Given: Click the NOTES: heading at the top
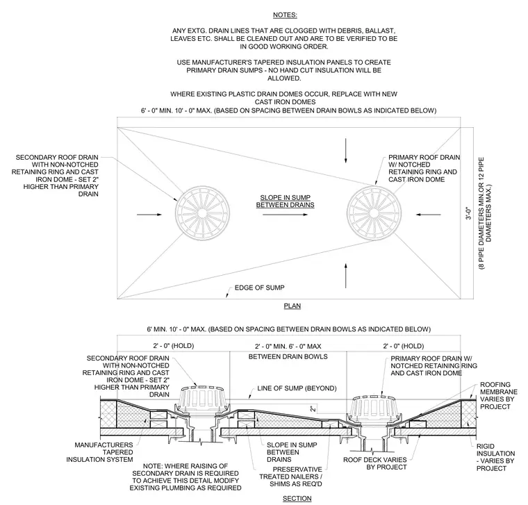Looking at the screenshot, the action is click(285, 15).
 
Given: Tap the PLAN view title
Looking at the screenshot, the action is click(292, 306).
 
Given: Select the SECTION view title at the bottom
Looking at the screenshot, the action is click(297, 498).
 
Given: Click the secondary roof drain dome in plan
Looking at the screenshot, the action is click(203, 213).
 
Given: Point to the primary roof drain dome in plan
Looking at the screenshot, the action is click(374, 213).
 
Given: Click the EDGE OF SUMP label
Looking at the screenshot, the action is click(259, 288).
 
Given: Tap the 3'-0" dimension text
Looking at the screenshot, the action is click(469, 213).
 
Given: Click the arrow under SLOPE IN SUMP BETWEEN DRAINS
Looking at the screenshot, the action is click(286, 215).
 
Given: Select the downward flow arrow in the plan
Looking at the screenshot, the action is click(345, 150).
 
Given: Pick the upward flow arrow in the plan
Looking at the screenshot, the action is click(345, 275).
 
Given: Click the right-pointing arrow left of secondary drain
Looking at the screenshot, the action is click(149, 215).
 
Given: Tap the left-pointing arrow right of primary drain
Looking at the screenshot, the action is click(429, 215).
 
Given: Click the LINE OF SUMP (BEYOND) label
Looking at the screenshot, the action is click(297, 388).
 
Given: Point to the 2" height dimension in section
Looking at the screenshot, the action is click(313, 408).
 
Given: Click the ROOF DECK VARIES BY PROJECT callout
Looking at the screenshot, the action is click(374, 463).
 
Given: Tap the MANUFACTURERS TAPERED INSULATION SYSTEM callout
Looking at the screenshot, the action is click(99, 452).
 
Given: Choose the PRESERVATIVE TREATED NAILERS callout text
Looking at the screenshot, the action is click(290, 477).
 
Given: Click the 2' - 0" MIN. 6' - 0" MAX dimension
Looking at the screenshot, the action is click(288, 346).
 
